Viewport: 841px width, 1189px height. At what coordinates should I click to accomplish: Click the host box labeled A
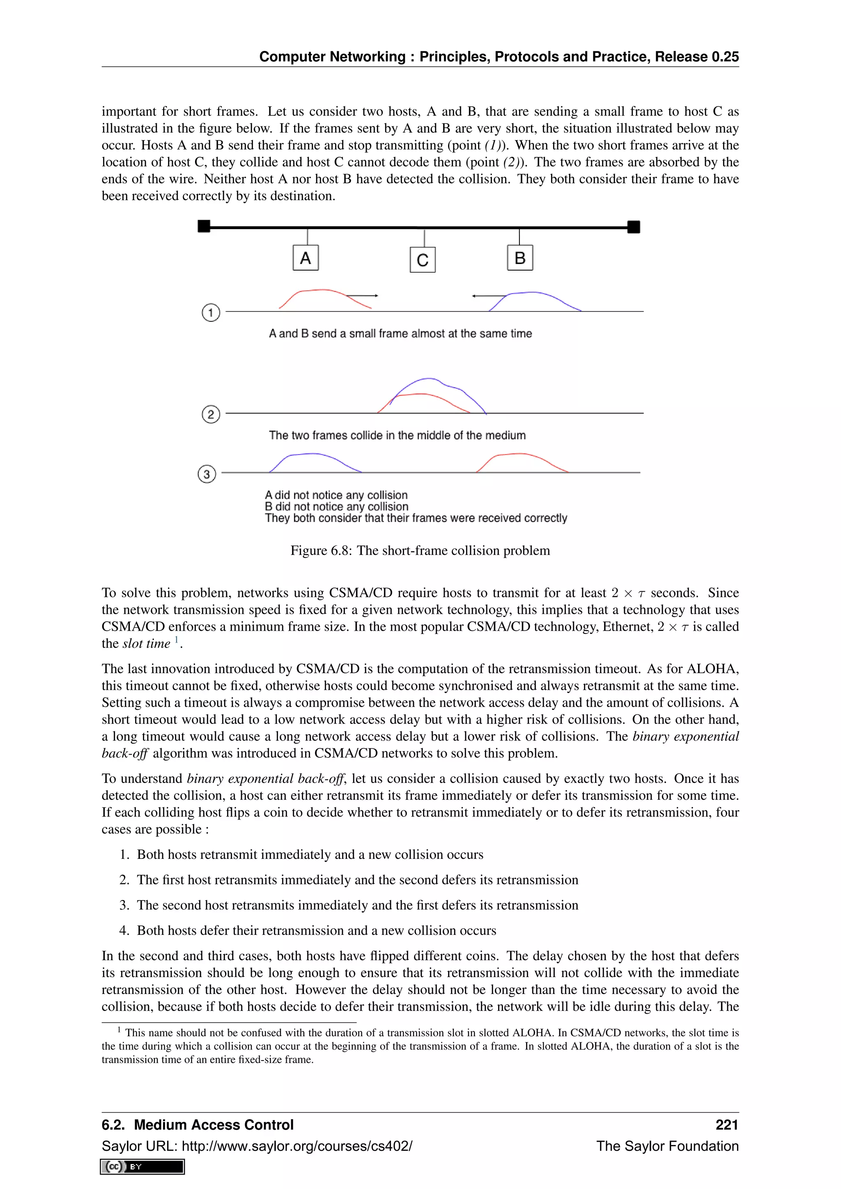click(x=306, y=258)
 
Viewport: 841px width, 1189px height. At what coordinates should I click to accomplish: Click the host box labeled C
click(x=423, y=260)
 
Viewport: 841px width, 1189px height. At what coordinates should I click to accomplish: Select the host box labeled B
click(x=520, y=258)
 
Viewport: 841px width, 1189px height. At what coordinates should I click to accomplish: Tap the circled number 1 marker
click(x=211, y=313)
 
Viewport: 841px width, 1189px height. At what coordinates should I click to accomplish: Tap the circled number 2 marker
click(x=211, y=414)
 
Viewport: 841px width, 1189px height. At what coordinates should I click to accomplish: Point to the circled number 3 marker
click(x=207, y=474)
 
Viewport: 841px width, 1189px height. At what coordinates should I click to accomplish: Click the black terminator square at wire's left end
click(x=204, y=226)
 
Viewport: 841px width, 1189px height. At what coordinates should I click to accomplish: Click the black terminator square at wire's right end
click(x=633, y=227)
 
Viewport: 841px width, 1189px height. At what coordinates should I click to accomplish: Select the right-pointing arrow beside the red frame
click(x=363, y=296)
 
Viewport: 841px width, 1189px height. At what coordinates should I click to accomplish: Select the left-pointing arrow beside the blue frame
click(x=488, y=296)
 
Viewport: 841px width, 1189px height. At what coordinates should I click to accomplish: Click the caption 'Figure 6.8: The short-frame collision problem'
click(x=420, y=551)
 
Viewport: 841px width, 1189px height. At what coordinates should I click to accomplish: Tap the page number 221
click(x=726, y=1125)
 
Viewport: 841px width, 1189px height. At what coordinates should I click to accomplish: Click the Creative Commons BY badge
click(x=142, y=1167)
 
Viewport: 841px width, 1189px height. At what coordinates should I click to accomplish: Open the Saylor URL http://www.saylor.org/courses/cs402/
click(x=297, y=1146)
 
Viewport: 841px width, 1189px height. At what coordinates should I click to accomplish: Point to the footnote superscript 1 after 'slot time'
click(x=176, y=640)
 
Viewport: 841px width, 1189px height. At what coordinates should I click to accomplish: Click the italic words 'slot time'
click(x=146, y=644)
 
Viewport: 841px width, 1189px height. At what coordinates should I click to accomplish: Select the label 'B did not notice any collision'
click(x=337, y=507)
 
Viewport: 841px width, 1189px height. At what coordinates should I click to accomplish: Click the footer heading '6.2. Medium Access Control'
click(x=197, y=1125)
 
